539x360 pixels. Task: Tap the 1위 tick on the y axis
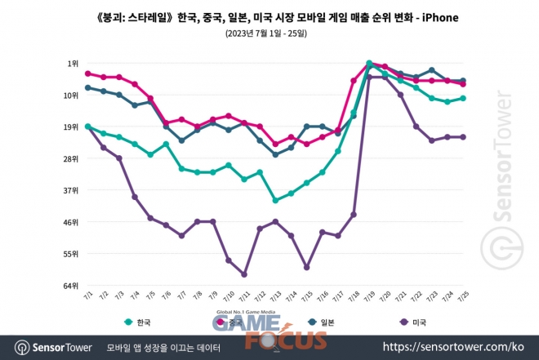point(73,64)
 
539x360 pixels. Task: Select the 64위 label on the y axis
point(72,286)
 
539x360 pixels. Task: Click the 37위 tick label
point(72,190)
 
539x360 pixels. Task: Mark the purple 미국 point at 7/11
point(244,274)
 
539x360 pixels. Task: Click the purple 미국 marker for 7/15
point(306,267)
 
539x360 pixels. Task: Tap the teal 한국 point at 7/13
point(275,200)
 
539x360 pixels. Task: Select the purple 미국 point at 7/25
point(462,137)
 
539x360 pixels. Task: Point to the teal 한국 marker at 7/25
point(462,98)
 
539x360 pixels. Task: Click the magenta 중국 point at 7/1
point(87,73)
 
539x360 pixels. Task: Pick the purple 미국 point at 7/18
point(354,215)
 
